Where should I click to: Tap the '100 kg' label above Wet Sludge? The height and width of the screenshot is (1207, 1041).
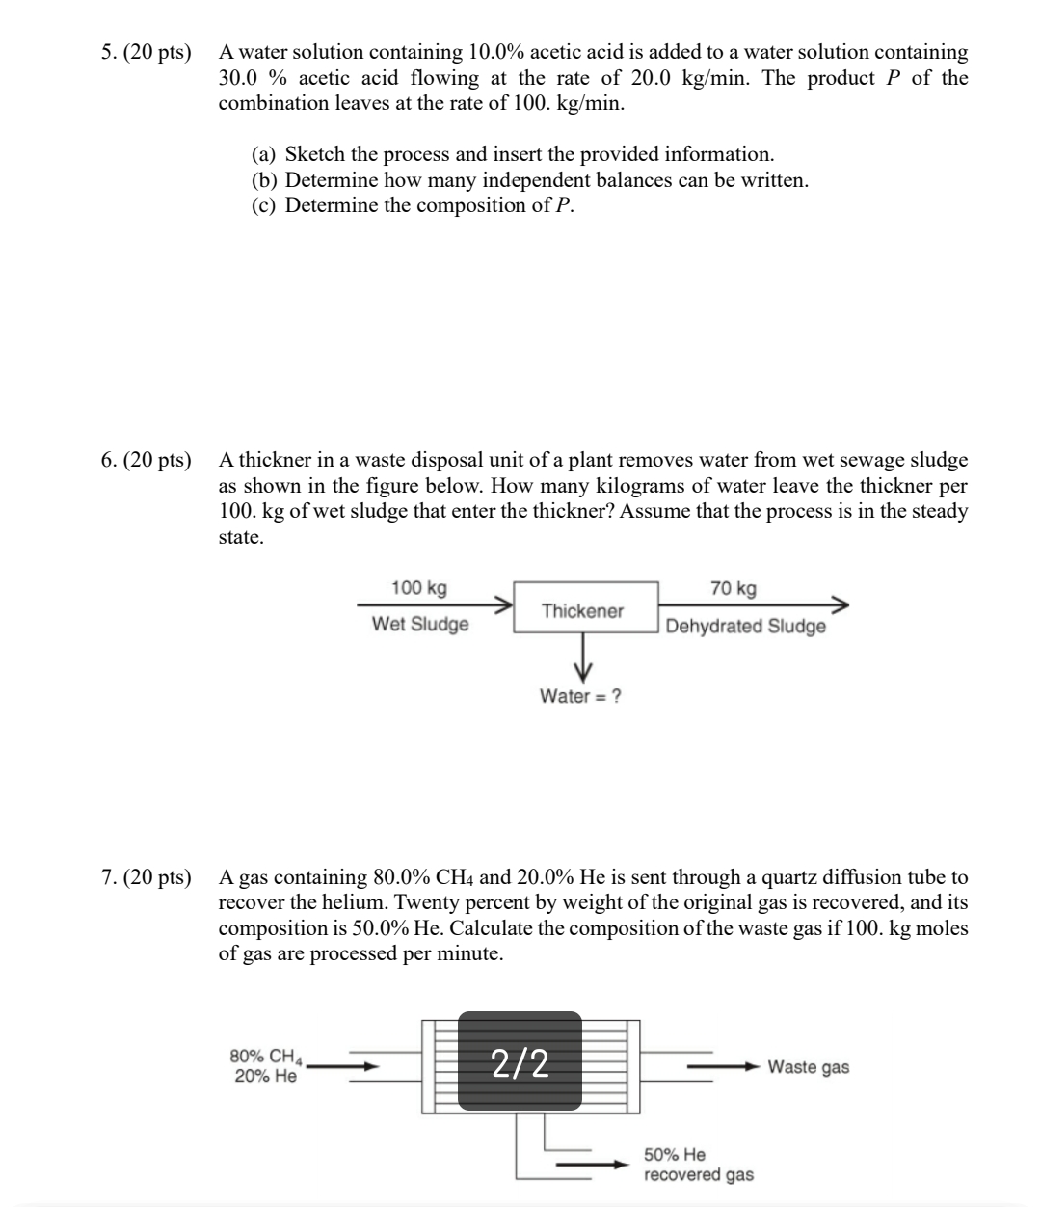[x=418, y=588]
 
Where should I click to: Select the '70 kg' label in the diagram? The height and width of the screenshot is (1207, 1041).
[x=734, y=588]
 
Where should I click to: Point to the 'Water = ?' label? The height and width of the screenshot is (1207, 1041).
[x=580, y=696]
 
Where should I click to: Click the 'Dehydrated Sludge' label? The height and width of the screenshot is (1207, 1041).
[x=745, y=627]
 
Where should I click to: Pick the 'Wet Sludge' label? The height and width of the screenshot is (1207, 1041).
[x=420, y=624]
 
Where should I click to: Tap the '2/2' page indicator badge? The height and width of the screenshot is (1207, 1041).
[x=520, y=1062]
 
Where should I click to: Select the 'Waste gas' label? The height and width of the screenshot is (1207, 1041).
[x=808, y=1067]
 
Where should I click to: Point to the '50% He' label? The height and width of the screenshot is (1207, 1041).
[x=675, y=1154]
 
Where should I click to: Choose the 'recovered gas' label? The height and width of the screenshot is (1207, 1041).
[x=699, y=1174]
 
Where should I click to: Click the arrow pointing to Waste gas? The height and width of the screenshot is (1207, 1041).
[x=723, y=1067]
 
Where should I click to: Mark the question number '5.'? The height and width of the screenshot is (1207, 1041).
[x=109, y=52]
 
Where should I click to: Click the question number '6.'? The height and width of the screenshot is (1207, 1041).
[x=109, y=460]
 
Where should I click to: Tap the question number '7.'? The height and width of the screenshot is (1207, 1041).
[x=109, y=877]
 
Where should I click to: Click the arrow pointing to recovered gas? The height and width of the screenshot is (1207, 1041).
[x=593, y=1165]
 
